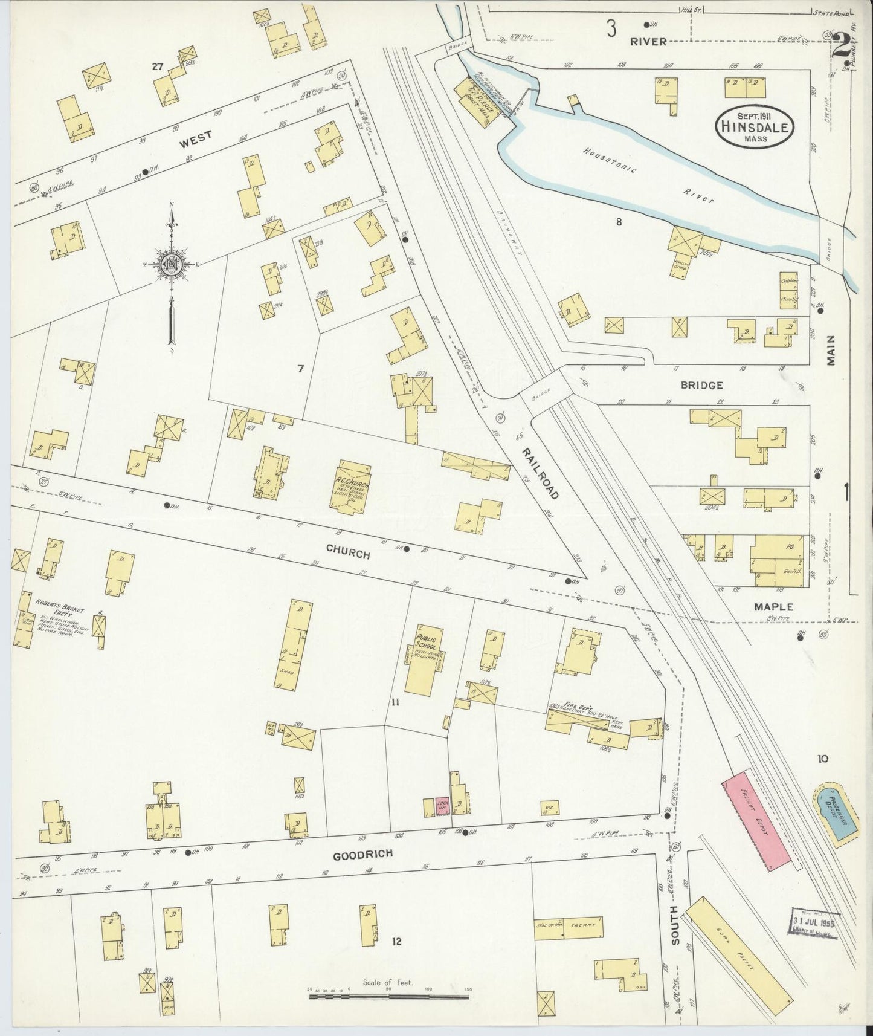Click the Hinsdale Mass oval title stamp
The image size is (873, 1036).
pos(755,126)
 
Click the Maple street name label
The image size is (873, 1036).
pos(773,606)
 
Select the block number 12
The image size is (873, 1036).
pos(396,941)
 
